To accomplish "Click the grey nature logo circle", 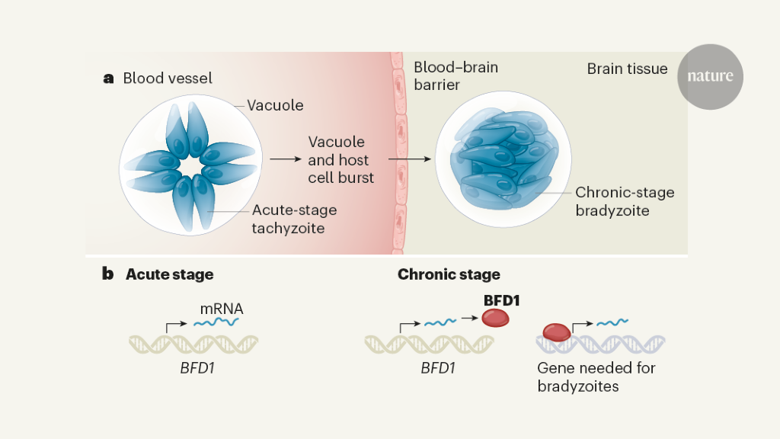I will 710,76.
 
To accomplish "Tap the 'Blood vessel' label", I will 168,79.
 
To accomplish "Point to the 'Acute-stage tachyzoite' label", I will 294,218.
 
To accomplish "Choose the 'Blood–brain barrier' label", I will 456,76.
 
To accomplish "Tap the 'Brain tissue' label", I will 627,69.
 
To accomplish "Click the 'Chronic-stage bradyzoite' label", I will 625,201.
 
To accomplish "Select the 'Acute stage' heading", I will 170,274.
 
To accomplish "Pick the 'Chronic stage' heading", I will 449,274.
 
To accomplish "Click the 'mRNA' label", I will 222,309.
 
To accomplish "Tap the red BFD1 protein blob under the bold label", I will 495,319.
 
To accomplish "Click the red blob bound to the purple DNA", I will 556,333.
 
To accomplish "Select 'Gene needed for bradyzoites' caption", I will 596,377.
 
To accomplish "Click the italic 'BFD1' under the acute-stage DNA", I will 193,369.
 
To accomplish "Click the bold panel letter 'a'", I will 108,79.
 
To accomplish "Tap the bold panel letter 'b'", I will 108,274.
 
